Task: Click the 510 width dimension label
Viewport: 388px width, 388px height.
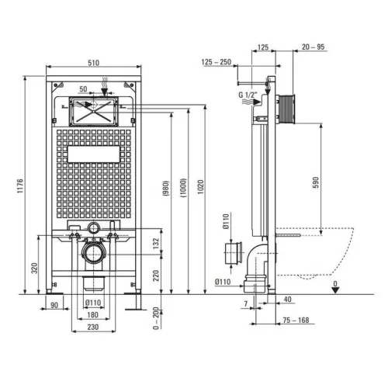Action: tap(93, 63)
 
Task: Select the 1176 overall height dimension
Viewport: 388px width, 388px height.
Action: tap(20, 185)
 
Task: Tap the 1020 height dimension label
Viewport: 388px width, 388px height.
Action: tap(201, 187)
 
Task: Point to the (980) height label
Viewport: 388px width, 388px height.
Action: tap(166, 188)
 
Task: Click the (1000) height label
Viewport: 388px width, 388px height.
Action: tap(183, 188)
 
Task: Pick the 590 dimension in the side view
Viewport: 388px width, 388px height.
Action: tap(316, 182)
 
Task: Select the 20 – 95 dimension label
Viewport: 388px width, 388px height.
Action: tap(313, 47)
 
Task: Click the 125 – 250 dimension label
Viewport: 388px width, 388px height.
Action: tap(217, 62)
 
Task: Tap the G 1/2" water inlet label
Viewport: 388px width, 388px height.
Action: tap(248, 95)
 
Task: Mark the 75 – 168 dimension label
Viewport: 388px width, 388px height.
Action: tap(296, 320)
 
